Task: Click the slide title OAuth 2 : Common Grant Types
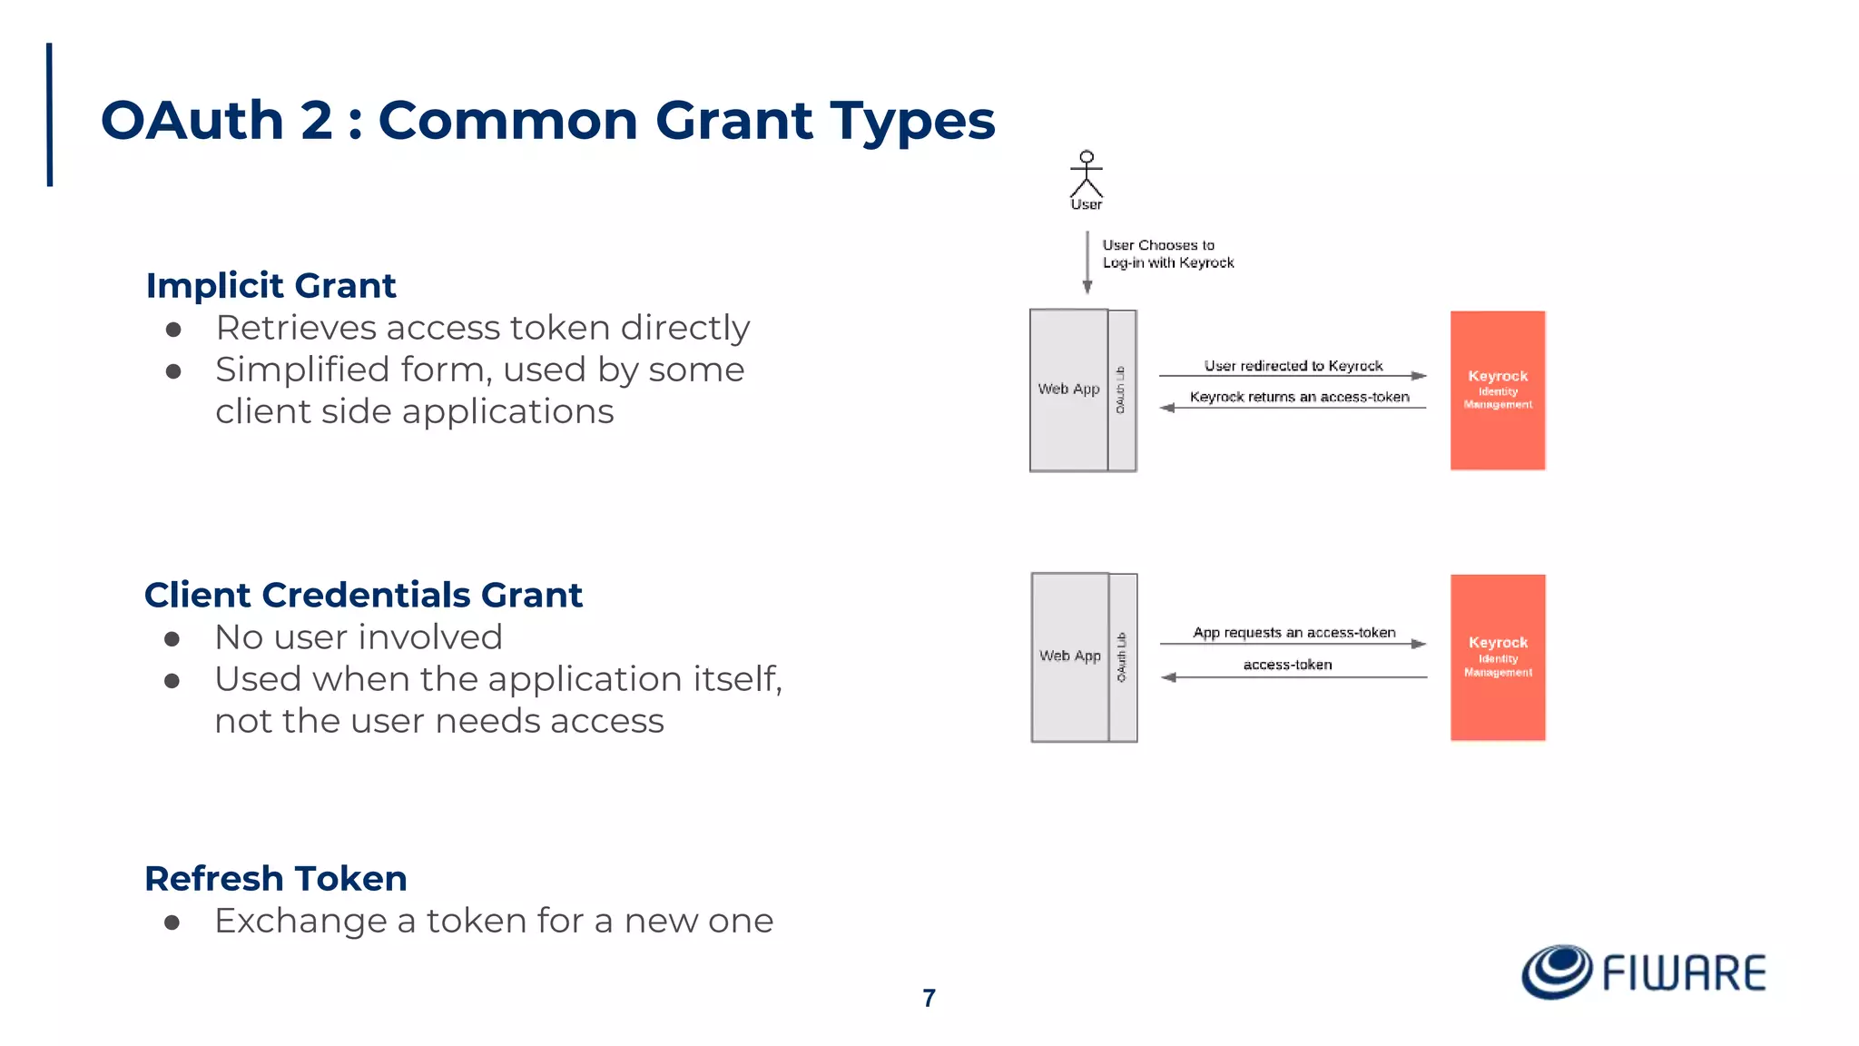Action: point(547,120)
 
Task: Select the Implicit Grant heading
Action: point(270,285)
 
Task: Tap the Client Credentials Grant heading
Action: point(363,595)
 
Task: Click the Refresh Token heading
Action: point(276,878)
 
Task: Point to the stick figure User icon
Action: point(1086,175)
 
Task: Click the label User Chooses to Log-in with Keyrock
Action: point(1167,253)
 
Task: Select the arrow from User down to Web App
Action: point(1087,261)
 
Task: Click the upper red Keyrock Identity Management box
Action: point(1497,390)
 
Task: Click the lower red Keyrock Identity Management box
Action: point(1497,657)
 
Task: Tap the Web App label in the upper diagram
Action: point(1068,389)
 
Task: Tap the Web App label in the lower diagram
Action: point(1069,656)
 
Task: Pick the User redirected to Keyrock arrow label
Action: point(1293,366)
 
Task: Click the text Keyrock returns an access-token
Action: point(1299,397)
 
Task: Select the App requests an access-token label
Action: point(1293,632)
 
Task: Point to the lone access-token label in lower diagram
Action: point(1287,665)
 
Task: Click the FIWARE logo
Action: point(1643,972)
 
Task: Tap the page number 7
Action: point(929,998)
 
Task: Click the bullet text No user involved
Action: point(358,637)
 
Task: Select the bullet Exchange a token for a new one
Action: point(494,921)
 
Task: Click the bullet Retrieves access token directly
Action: point(482,328)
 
